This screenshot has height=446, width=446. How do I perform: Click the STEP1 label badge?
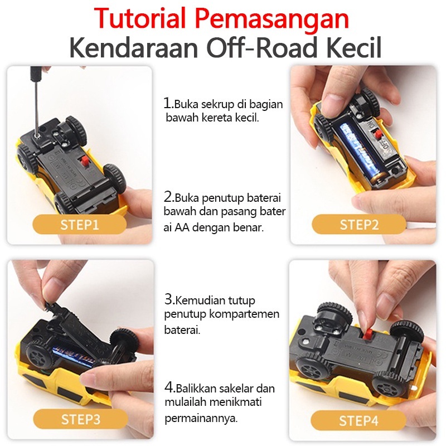click(x=80, y=225)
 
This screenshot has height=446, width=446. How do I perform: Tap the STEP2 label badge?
click(x=359, y=225)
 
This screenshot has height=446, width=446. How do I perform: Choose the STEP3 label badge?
click(x=80, y=419)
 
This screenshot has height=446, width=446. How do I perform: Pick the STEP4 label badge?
click(x=358, y=421)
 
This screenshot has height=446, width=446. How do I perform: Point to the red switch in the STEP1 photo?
click(x=85, y=162)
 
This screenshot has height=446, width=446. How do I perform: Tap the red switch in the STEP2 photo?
click(x=378, y=133)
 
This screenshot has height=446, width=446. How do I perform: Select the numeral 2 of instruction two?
click(x=168, y=196)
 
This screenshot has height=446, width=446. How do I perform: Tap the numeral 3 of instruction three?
click(x=169, y=299)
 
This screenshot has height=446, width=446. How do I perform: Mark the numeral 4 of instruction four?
click(x=169, y=387)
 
